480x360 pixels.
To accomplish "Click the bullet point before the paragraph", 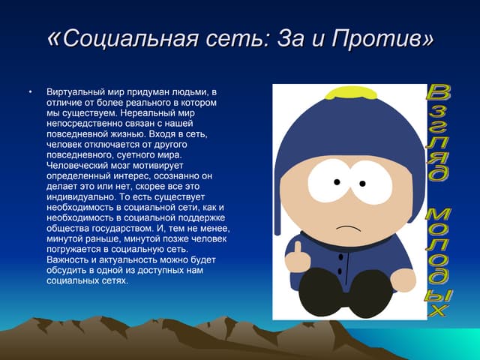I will pos(31,92).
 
